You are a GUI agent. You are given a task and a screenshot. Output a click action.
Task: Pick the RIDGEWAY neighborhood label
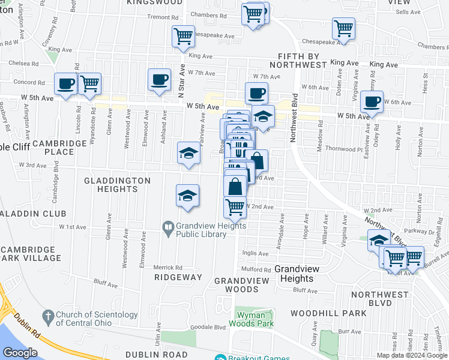[178, 277]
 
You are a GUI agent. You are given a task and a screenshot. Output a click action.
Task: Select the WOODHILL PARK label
[328, 313]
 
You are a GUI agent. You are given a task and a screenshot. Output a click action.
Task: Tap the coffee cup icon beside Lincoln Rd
[66, 84]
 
